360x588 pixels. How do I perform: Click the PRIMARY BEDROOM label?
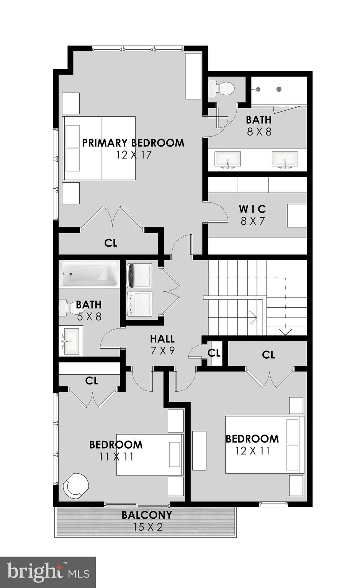point(133,143)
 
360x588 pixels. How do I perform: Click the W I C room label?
point(252,209)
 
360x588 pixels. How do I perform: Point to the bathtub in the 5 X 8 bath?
point(89,274)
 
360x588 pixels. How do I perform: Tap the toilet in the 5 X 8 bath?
point(67,307)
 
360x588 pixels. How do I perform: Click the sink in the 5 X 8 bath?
point(70,340)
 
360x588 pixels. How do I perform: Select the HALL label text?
point(162,339)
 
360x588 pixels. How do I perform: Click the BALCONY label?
point(147,515)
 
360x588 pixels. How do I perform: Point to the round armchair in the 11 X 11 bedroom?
point(75,485)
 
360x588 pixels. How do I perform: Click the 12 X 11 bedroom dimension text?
point(253,451)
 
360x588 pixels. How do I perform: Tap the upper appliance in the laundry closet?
point(139,275)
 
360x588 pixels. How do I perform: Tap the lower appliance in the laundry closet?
point(139,304)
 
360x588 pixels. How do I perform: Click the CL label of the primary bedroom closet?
point(111,243)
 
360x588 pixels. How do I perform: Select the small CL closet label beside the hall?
point(214,353)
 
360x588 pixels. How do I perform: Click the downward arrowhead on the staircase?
point(285,332)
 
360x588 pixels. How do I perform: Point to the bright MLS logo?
point(48,572)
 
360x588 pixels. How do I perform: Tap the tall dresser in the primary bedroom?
point(193,76)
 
